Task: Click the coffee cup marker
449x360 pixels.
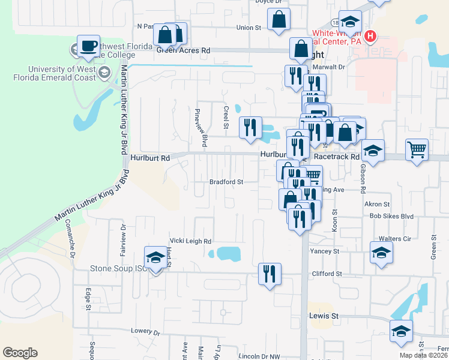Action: point(89,46)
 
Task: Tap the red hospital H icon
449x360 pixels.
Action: point(370,36)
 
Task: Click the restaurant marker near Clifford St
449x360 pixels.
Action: point(270,274)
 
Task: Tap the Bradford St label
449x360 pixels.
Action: point(226,182)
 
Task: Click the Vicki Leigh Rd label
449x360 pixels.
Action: point(190,241)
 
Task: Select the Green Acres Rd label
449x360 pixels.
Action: point(184,52)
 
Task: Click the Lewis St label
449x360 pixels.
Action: point(324,316)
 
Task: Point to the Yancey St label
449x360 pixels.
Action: point(325,251)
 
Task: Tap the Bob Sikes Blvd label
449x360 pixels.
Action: point(392,216)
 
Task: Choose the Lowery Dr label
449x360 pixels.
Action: point(146,331)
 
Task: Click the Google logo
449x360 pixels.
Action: point(20,353)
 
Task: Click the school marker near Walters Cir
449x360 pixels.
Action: point(381,252)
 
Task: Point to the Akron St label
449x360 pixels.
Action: point(377,205)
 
